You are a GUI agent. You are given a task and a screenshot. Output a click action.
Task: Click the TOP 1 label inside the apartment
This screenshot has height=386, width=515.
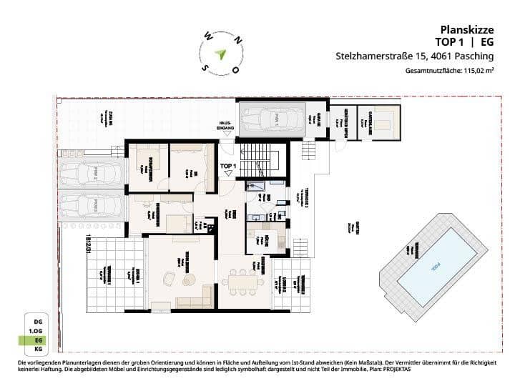(228, 167)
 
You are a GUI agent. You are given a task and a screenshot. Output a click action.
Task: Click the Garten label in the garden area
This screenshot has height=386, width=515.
(348, 226)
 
